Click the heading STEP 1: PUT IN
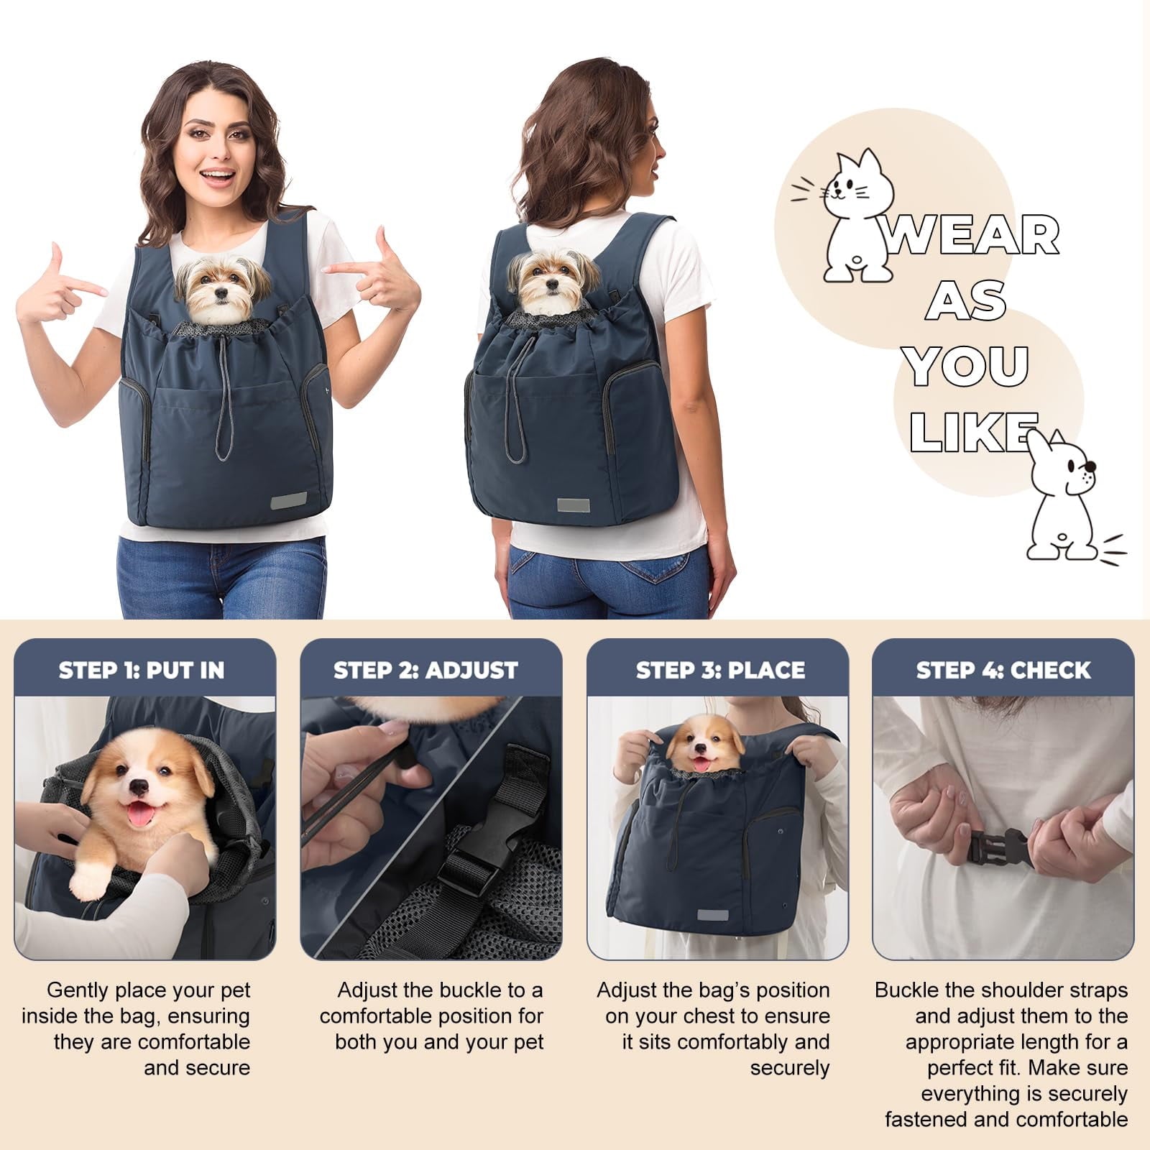click(142, 670)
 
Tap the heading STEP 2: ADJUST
click(425, 670)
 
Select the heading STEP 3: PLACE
click(720, 670)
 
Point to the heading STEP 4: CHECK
click(1003, 670)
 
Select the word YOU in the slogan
click(967, 365)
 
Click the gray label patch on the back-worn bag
click(574, 505)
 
